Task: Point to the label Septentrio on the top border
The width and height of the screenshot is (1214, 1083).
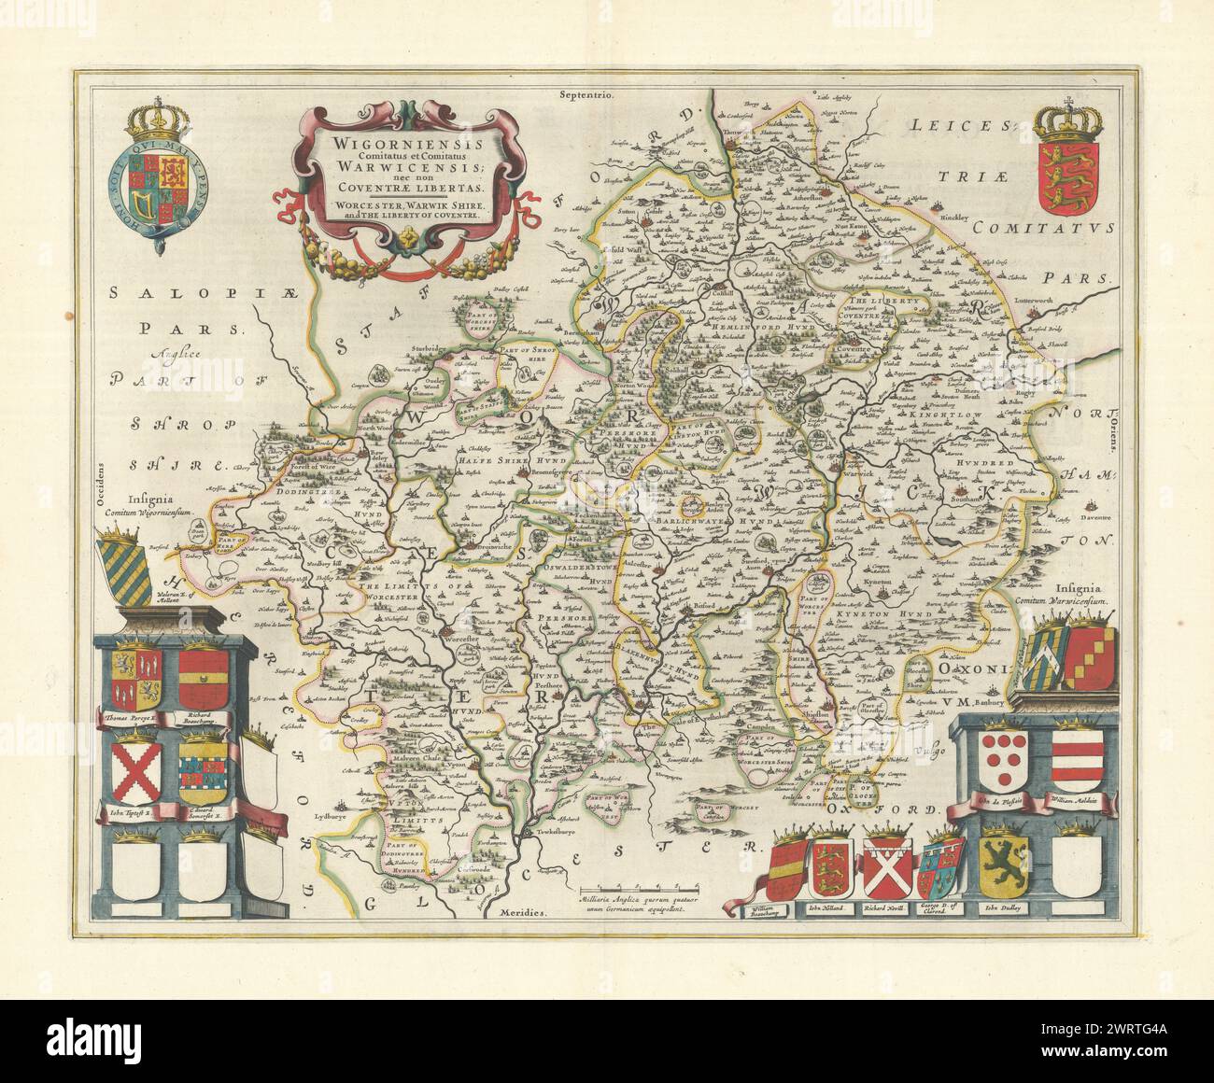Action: point(585,94)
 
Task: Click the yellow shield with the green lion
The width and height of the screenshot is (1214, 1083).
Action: point(1004,860)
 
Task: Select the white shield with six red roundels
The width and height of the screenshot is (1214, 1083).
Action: point(1001,757)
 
